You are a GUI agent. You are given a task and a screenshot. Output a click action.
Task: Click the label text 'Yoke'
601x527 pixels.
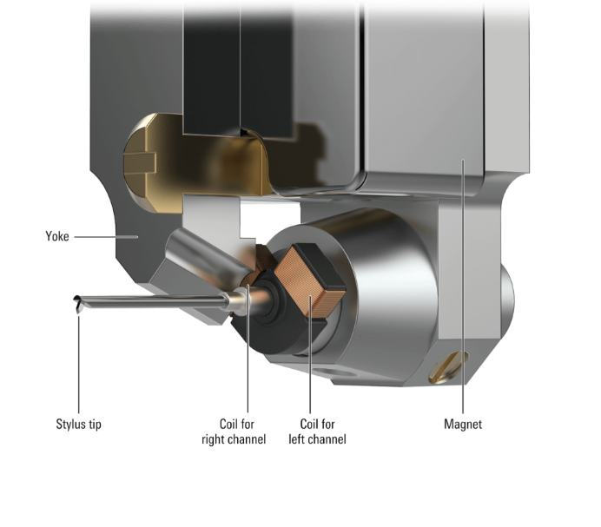coord(56,235)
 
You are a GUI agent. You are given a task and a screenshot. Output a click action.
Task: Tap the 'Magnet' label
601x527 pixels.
coord(462,425)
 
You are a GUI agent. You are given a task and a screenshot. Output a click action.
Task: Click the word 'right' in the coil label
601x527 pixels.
coord(217,439)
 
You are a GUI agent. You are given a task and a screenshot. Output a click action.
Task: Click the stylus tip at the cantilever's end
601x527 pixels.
coord(78,303)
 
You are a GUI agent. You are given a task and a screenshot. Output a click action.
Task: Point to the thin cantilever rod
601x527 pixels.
coord(156,300)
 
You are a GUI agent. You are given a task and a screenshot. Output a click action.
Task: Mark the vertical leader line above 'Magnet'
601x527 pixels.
coord(463,287)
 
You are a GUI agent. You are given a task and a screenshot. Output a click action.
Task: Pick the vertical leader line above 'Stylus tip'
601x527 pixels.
coord(79,365)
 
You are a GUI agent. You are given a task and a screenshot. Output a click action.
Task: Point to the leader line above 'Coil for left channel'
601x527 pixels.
coord(311,365)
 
